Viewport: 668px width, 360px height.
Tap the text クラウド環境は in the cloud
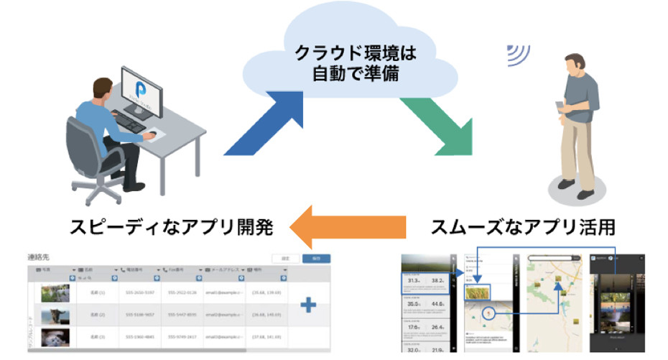357,53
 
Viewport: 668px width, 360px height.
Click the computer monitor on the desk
150,91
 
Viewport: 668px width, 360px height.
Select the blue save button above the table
312,259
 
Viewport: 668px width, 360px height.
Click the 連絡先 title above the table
37,257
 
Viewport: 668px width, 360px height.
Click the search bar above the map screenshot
553,258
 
